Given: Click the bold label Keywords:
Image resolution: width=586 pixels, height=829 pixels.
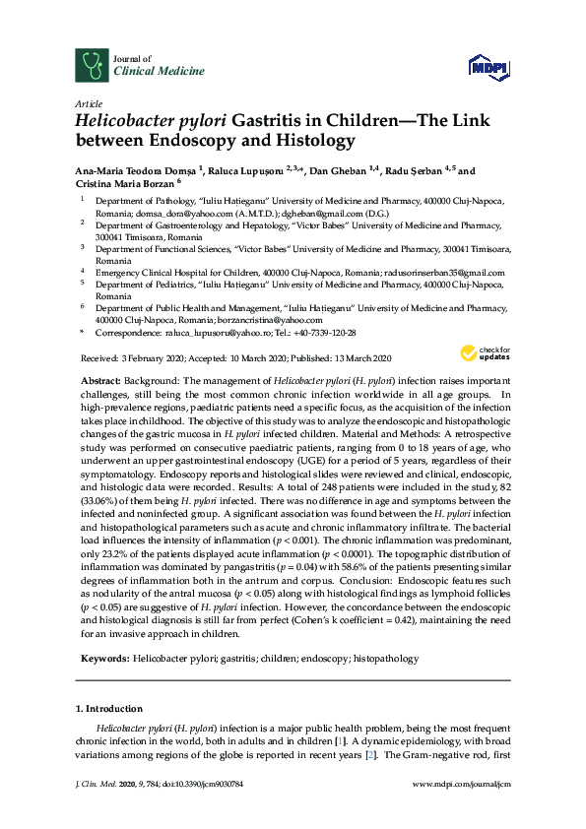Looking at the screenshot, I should pyautogui.click(x=102, y=658).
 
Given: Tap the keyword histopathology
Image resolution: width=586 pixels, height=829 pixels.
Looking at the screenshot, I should pyautogui.click(x=386, y=658).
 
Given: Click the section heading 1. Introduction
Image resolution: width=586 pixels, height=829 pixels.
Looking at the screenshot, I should pyautogui.click(x=108, y=708).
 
